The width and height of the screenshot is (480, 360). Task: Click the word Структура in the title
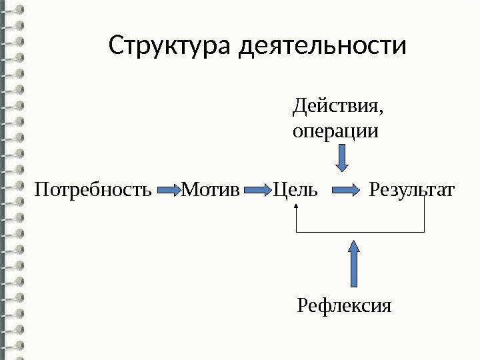[170, 47]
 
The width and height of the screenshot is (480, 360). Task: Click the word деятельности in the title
[322, 47]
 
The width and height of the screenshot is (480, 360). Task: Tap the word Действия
[337, 107]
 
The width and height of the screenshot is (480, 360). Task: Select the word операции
[335, 130]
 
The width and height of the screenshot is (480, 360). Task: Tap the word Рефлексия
[344, 306]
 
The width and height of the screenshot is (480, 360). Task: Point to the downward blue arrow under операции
[341, 159]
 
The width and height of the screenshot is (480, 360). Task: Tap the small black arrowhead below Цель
[296, 206]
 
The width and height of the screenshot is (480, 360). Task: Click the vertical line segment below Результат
[424, 216]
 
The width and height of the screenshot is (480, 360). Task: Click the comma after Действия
[383, 112]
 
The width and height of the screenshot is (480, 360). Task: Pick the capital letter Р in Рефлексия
[301, 306]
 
